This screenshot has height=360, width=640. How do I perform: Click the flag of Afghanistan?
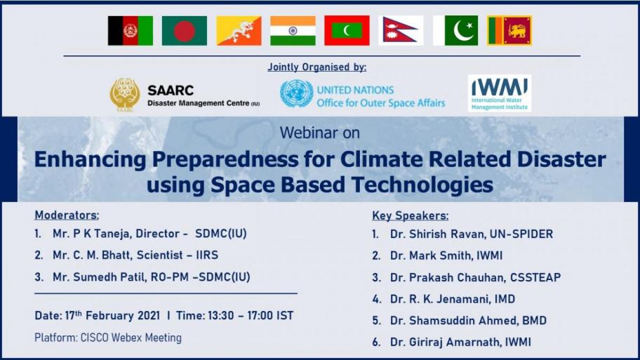131,31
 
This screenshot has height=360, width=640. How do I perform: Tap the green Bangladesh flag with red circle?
185,31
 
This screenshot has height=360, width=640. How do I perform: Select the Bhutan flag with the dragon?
239,31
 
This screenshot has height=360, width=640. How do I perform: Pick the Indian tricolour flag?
293,31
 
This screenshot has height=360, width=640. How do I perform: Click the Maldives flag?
347,31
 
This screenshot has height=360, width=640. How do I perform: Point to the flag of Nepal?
401,31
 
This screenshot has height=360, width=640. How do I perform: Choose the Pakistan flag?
455,31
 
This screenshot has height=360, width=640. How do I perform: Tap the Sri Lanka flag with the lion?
509,31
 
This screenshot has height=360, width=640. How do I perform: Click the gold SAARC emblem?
125,95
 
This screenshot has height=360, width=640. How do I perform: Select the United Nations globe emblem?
296,93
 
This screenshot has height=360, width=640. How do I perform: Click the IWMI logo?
500,93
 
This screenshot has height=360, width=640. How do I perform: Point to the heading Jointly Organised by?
316,67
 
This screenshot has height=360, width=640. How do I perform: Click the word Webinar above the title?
309,133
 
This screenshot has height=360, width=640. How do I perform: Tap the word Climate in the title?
382,159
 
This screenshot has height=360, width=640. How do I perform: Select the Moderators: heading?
67,215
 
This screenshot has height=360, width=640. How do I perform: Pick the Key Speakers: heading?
411,215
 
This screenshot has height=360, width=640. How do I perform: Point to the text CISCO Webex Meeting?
131,338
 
